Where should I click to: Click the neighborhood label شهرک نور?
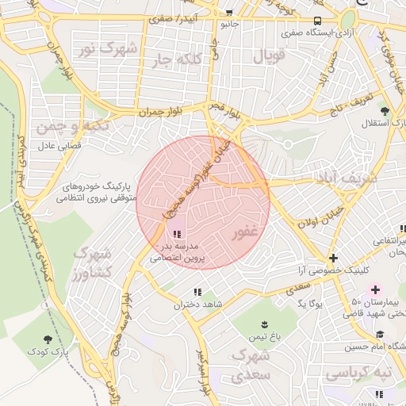click(106, 49)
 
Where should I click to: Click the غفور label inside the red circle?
click(244, 234)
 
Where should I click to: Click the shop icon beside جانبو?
click(229, 13)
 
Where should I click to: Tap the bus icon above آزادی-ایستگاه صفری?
click(317, 21)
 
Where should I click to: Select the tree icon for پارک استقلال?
click(385, 110)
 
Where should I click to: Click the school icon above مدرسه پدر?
click(177, 234)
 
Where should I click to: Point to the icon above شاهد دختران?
click(197, 292)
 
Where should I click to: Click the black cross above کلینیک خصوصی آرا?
click(334, 258)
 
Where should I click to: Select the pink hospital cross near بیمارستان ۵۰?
click(375, 290)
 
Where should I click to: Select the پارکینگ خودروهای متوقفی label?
click(98, 191)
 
